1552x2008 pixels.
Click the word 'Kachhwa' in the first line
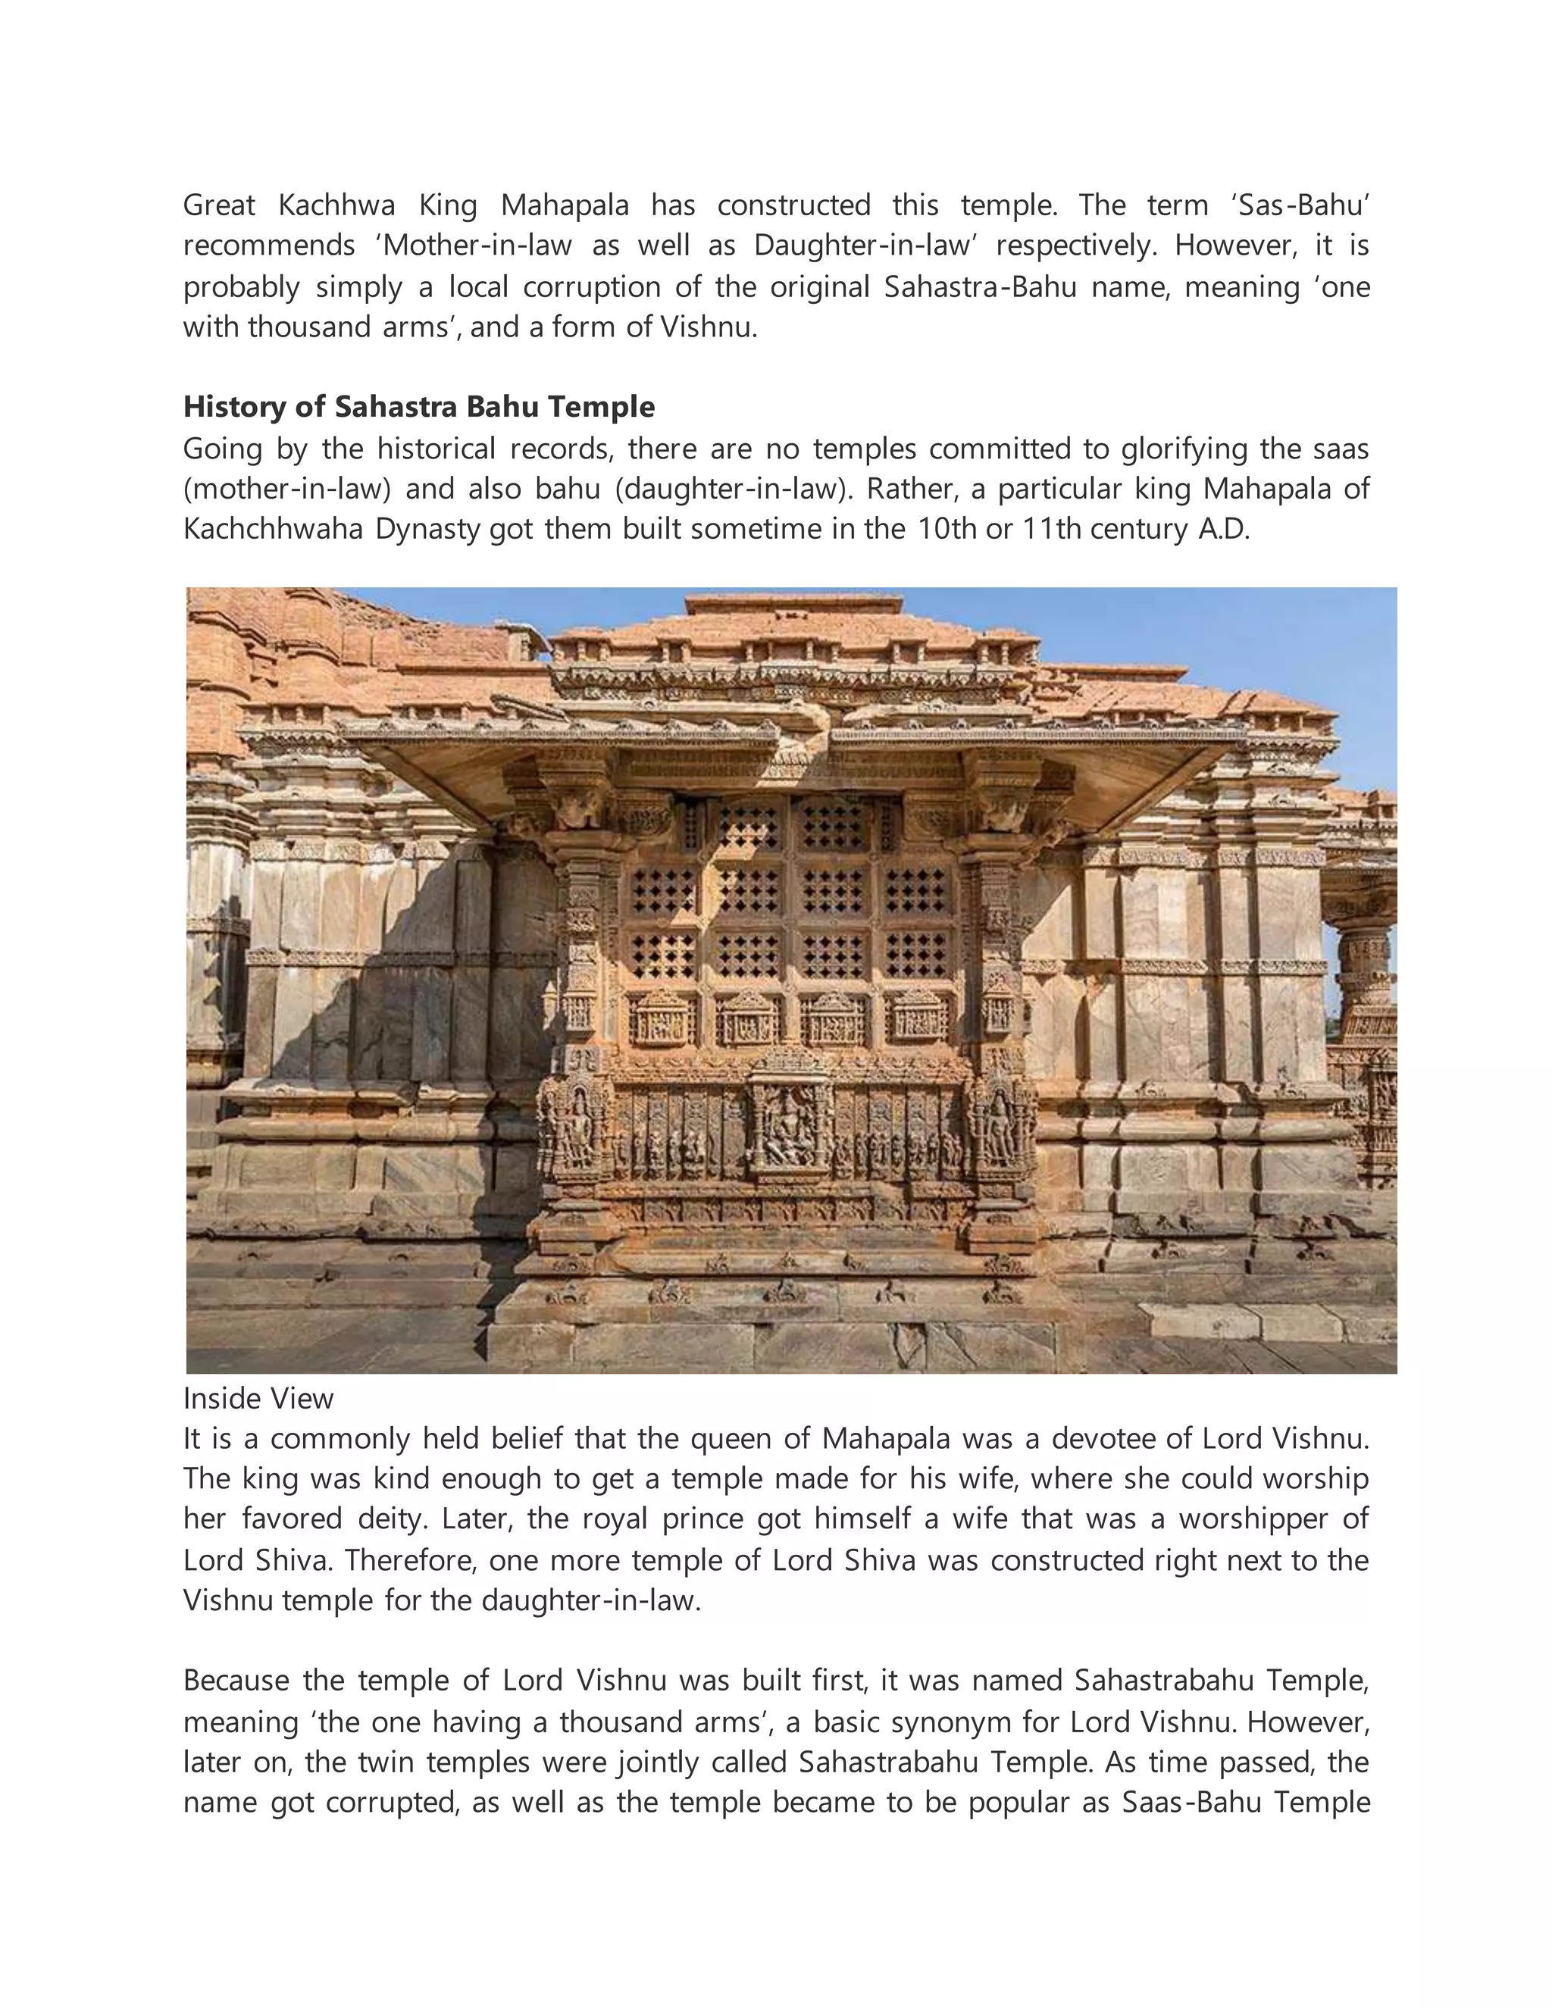pyautogui.click(x=336, y=205)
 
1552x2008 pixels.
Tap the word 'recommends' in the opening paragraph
pyautogui.click(x=268, y=246)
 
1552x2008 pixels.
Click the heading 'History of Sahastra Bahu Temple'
pyautogui.click(x=419, y=406)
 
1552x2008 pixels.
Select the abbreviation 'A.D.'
pyautogui.click(x=1224, y=530)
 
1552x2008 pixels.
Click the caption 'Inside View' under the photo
pyautogui.click(x=258, y=1399)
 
